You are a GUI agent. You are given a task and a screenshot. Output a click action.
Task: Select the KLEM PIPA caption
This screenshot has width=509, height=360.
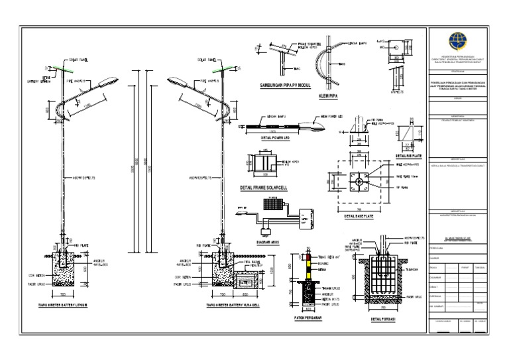[x=334, y=95]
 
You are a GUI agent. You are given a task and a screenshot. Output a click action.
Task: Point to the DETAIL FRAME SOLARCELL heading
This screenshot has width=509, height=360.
[x=265, y=188]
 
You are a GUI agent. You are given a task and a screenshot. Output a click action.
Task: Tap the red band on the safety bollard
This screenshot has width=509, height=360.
[x=307, y=256]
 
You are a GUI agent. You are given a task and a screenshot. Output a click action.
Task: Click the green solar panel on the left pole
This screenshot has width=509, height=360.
[x=64, y=68]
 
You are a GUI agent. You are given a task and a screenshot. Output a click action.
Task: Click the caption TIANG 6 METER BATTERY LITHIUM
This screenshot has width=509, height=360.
[x=64, y=306]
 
